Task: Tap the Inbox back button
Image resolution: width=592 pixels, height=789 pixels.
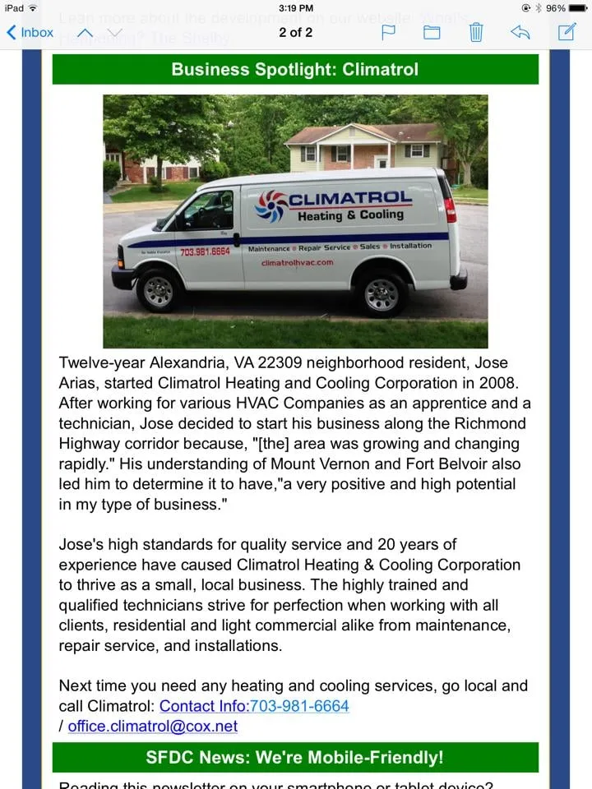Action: pos(30,33)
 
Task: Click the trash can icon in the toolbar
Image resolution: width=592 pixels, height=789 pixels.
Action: pos(476,33)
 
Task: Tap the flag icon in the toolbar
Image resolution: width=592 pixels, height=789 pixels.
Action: pos(389,33)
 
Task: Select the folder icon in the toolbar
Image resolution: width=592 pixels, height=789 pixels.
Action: pos(432,33)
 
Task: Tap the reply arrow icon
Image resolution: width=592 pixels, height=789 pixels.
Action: pos(520,33)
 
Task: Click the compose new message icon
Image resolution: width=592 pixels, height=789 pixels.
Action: pos(567,32)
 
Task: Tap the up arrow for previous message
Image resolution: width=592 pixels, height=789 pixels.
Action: pos(85,33)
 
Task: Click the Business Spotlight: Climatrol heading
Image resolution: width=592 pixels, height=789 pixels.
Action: pos(295,70)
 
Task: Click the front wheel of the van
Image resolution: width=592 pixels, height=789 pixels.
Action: pos(159,290)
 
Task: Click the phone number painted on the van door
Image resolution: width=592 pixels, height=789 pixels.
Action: pos(205,251)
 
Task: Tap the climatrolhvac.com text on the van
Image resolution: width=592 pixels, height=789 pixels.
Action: pos(297,263)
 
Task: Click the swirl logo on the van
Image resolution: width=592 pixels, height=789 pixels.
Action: pos(271,205)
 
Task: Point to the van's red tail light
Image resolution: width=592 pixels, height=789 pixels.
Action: pos(449,210)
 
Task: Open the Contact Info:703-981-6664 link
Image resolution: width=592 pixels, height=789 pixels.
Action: pos(254,706)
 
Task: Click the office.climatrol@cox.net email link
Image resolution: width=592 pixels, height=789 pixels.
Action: pos(152,727)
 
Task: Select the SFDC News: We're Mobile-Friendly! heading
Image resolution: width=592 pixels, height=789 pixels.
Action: pos(295,758)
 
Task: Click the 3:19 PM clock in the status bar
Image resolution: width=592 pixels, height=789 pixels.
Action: pos(295,8)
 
